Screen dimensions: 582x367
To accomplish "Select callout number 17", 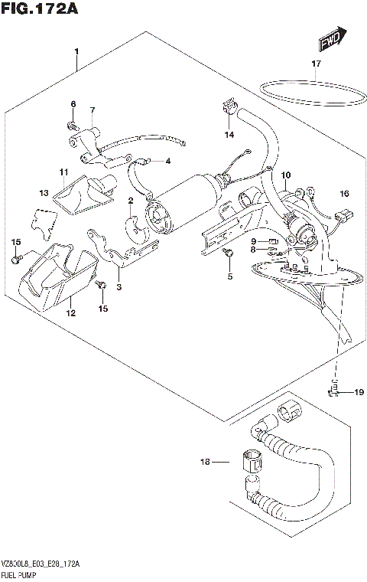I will [x=316, y=64].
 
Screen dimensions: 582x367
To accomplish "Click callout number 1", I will [x=76, y=51].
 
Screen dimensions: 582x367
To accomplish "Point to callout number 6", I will [x=73, y=104].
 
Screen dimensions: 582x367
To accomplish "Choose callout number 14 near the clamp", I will [x=92, y=110].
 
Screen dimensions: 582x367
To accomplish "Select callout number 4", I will [x=166, y=161].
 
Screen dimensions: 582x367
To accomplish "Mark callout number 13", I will [x=44, y=192].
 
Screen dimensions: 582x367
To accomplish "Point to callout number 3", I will [x=119, y=287].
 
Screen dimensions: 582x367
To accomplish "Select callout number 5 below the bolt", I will [x=229, y=276].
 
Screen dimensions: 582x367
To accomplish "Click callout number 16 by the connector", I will [x=344, y=193].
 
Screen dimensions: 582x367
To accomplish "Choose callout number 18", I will [x=204, y=462].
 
